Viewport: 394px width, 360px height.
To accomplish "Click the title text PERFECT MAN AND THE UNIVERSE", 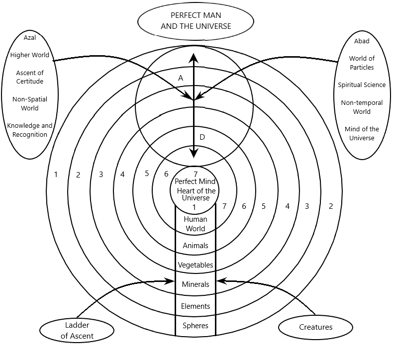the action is click(x=196, y=20).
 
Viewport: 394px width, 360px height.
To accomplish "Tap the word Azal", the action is click(x=30, y=38).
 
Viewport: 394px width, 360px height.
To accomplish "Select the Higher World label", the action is click(x=30, y=55).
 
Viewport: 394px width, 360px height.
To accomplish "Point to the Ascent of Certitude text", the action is click(x=30, y=77).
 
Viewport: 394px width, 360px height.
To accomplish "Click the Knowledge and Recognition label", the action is click(x=30, y=130).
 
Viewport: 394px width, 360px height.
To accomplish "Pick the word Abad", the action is click(x=362, y=41).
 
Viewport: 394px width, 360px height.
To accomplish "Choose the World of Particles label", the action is click(x=362, y=63).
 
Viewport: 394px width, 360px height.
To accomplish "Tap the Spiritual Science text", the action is click(x=362, y=85).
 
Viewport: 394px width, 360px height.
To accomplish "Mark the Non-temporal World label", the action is click(x=362, y=107).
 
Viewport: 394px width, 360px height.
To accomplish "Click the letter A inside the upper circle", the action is click(x=181, y=78).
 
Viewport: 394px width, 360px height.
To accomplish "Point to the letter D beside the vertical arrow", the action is click(x=202, y=137).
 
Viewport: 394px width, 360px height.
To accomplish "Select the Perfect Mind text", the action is click(x=195, y=181).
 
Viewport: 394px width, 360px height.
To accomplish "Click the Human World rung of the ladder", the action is click(x=196, y=224).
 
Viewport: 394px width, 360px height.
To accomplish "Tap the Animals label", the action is click(x=196, y=246).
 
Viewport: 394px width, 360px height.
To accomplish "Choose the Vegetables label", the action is click(x=196, y=265).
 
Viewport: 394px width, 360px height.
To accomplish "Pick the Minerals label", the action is click(x=196, y=284).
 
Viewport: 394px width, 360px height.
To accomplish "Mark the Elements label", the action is click(x=196, y=306).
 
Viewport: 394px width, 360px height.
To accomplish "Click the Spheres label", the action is click(x=196, y=326).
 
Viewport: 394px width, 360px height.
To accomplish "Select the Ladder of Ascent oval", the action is click(x=77, y=330).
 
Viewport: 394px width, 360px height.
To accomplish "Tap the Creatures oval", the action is click(x=315, y=327).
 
